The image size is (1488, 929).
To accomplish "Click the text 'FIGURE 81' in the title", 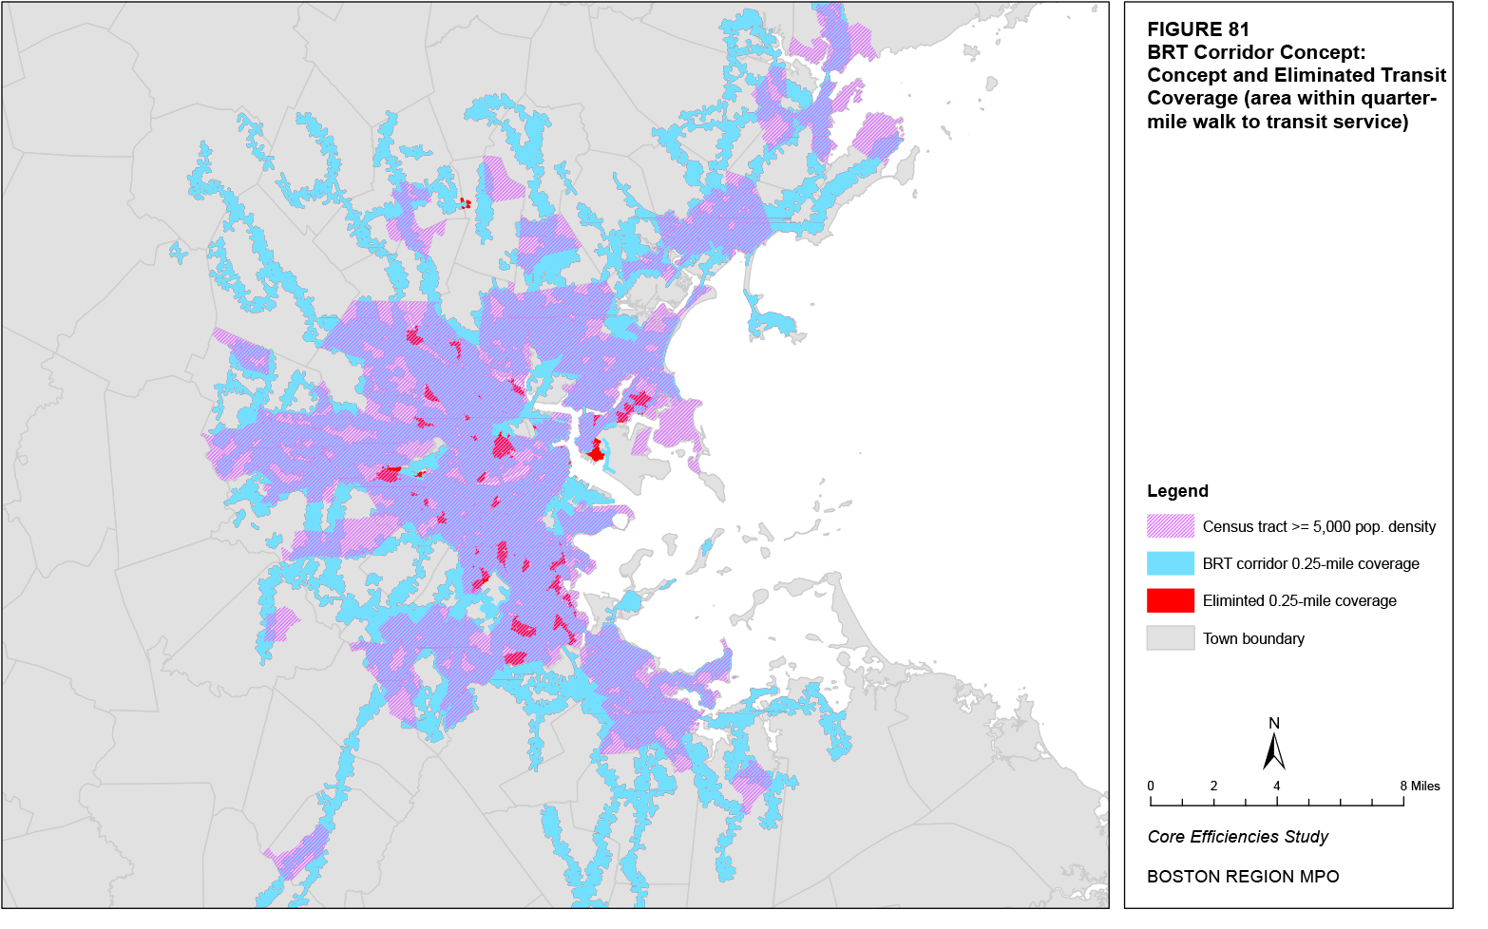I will point(1197,29).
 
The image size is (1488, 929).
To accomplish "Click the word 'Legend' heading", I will point(1177,491).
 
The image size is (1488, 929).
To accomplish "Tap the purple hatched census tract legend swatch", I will point(1170,526).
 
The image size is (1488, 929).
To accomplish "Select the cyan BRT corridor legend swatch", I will point(1170,563).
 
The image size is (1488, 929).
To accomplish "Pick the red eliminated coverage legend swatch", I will point(1170,600).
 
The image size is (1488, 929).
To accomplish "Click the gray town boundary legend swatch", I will point(1170,638).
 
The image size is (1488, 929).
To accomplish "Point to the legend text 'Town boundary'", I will point(1253,638).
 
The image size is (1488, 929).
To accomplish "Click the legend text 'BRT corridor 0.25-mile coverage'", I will point(1310,563).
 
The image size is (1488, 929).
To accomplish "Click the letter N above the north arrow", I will point(1274,723).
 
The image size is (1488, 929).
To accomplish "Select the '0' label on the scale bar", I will point(1151,786).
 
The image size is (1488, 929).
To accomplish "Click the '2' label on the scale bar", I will point(1213,786).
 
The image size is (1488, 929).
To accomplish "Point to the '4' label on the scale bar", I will point(1277,786).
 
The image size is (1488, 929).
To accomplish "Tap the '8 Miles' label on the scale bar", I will point(1420,786).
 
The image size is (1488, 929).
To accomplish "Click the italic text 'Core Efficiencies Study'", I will point(1237,837).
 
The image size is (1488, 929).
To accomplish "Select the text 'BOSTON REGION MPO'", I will point(1243,877).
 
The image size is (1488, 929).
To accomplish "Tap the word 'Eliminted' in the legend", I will point(1232,600).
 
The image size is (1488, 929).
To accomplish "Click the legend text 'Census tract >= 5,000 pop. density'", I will point(1319,526).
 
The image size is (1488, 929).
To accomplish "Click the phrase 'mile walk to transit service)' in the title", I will point(1277,122).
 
